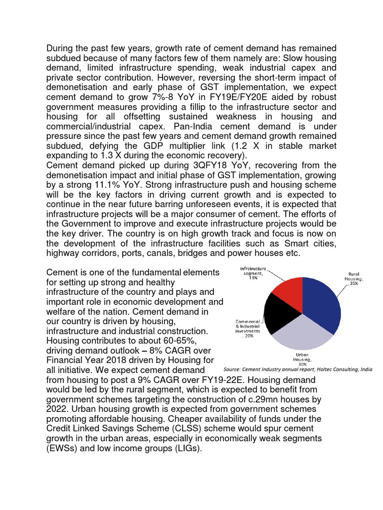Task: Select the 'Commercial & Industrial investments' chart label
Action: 248,329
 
